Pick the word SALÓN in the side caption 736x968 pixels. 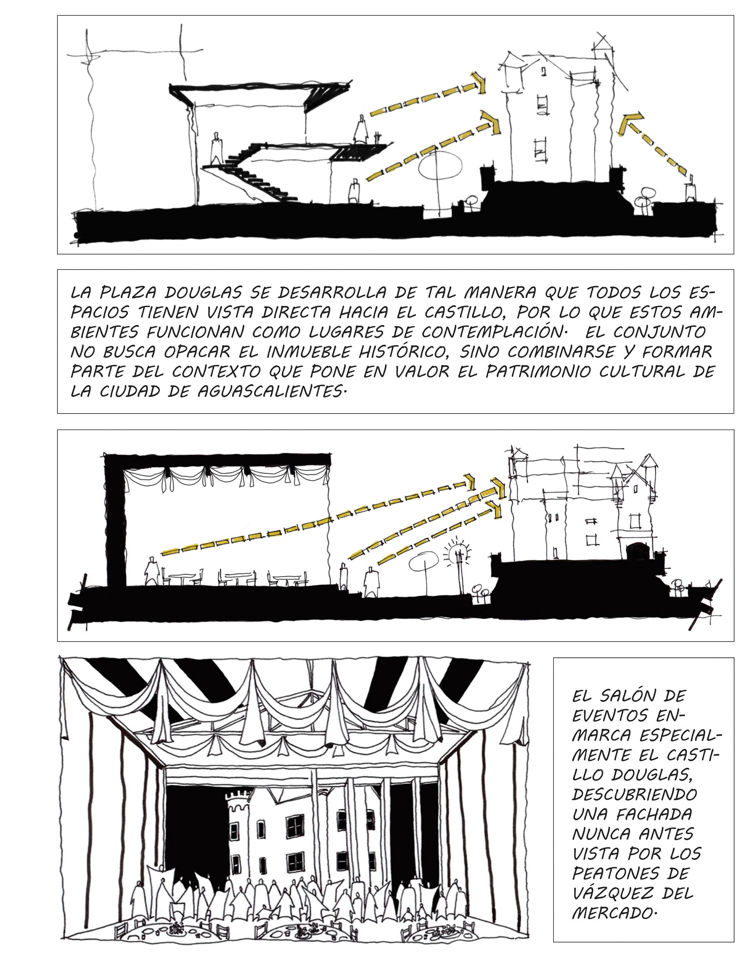point(634,695)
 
